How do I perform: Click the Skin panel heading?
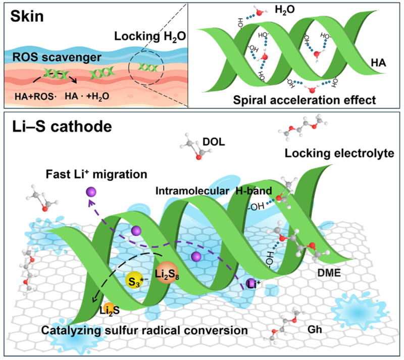[27, 17]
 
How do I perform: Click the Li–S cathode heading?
[62, 127]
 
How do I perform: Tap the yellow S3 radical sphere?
[134, 280]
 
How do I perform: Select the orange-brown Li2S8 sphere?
[167, 273]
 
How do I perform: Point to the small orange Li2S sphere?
[108, 308]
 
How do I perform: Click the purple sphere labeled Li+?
[250, 283]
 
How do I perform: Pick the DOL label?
[214, 142]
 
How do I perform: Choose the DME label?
[329, 273]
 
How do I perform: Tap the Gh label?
[315, 329]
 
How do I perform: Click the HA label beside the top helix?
[378, 63]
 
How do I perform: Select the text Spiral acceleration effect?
[305, 100]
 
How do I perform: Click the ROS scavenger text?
[57, 58]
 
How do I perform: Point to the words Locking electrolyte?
[339, 153]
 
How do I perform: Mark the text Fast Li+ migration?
[96, 174]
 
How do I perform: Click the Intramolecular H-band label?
[214, 191]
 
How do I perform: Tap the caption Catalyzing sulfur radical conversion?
[144, 330]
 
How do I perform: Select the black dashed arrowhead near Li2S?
[94, 299]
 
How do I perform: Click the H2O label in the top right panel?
[285, 10]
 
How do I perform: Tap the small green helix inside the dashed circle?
[147, 68]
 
